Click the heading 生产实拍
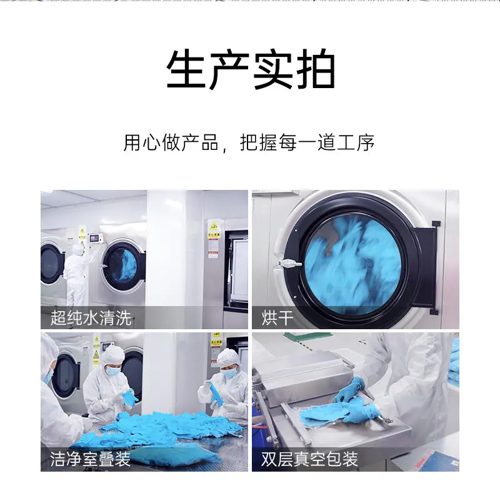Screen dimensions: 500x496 pos(251,69)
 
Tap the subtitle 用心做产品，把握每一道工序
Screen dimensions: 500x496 pos(249,142)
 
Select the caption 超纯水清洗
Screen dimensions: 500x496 pos(91,318)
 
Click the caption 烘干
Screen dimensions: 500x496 pos(277,318)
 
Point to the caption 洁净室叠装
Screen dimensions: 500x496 pos(90,459)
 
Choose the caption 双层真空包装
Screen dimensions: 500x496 pos(309,459)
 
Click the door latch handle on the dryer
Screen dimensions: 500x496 pos(289,263)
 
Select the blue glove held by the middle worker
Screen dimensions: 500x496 pos(130,397)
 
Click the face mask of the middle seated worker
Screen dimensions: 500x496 pos(113,370)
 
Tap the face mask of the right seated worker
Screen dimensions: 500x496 pos(228,374)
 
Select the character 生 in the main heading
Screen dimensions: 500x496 pos(186,69)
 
